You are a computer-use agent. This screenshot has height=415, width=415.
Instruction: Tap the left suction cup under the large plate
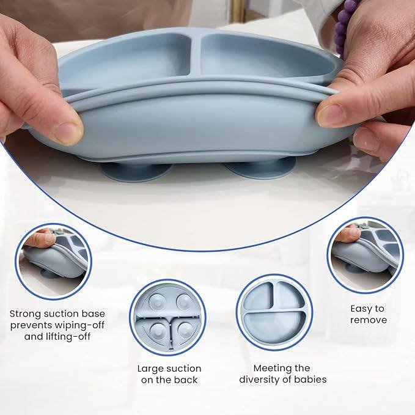137,172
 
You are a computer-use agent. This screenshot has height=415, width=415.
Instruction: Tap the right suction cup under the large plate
261,169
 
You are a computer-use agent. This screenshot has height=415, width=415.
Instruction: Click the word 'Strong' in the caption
26,314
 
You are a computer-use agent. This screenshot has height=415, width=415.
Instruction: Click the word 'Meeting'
270,369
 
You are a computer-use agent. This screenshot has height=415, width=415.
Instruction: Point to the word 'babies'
310,380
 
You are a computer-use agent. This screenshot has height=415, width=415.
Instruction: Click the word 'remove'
369,320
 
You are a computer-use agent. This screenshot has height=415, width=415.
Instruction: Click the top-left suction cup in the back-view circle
157,301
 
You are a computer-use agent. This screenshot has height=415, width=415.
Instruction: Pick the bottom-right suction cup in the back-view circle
186,331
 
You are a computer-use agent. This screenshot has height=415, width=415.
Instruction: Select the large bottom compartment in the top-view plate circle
274,328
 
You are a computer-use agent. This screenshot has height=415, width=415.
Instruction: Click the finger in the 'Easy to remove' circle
348,233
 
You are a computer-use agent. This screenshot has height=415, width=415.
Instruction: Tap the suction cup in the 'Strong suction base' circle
50,273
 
